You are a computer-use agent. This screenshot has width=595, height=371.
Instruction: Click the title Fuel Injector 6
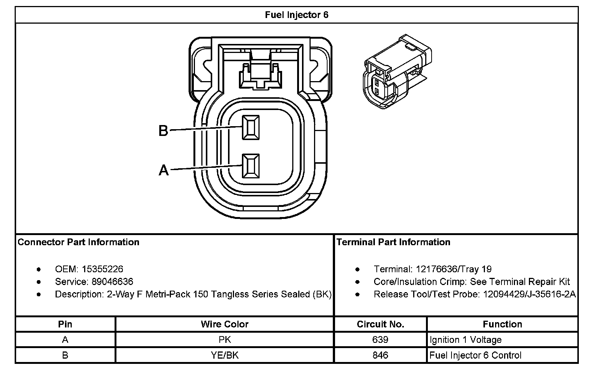coord(296,15)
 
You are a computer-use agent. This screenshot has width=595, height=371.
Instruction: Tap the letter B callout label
coord(163,131)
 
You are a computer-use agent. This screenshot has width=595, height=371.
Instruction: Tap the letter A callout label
coord(164,170)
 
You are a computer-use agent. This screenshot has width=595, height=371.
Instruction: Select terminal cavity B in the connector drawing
coord(251,127)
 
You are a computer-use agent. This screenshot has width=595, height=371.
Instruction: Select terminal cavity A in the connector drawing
coord(251,166)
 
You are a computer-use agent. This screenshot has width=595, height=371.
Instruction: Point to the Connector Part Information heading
coord(79,242)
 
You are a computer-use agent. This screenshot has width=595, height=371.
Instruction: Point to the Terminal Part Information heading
coord(393,242)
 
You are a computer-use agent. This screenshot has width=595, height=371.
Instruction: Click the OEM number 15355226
coord(103,269)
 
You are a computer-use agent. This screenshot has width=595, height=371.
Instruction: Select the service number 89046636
coord(112,282)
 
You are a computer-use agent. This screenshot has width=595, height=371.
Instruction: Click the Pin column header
coord(65,324)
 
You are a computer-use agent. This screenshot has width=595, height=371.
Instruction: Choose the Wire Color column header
coord(225,324)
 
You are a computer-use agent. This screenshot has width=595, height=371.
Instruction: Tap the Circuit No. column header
coord(380,324)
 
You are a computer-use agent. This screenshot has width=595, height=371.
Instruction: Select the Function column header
coord(502,324)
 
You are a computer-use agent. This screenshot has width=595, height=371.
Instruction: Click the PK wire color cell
coord(225,340)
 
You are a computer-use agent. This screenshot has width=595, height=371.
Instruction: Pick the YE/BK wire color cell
coord(225,355)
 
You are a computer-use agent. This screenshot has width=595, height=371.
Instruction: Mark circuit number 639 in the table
coord(380,340)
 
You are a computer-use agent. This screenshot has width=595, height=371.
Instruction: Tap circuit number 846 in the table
coord(380,355)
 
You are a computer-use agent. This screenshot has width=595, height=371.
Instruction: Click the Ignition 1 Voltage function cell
coord(465,340)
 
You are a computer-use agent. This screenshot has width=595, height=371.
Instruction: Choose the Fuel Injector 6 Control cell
coord(475,355)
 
